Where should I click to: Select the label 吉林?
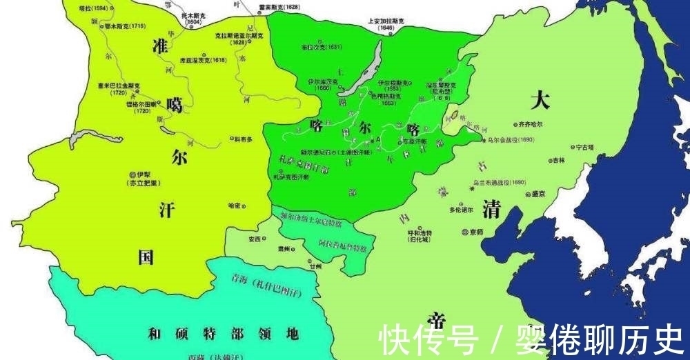pyautogui.click(x=557, y=160)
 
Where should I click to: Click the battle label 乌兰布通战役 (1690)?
pyautogui.click(x=499, y=183)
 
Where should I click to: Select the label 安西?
pyautogui.click(x=253, y=240)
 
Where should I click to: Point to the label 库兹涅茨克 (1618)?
pyautogui.click(x=204, y=61)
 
